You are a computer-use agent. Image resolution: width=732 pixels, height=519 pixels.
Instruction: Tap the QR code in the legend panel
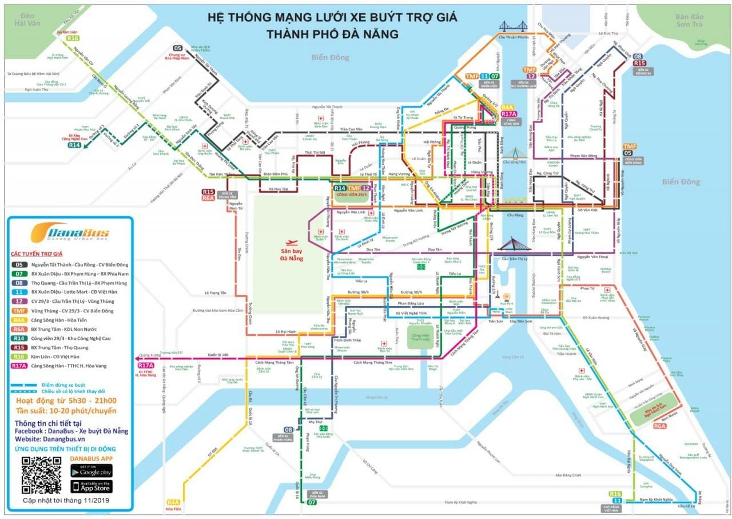[41, 476]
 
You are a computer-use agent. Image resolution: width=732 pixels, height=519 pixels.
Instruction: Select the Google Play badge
[91, 470]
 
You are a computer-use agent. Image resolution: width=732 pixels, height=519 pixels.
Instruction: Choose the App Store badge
[91, 486]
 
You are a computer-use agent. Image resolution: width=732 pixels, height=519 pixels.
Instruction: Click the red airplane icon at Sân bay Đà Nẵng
[292, 243]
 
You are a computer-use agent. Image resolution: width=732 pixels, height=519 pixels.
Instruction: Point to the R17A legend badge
[19, 366]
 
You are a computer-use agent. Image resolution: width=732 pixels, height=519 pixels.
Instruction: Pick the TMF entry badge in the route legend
[19, 311]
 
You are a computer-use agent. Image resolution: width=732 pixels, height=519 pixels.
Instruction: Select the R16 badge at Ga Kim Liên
[73, 38]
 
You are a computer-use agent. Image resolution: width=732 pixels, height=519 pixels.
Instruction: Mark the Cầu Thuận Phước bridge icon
[514, 26]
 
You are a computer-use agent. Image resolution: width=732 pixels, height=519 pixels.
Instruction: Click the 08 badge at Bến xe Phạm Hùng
[289, 430]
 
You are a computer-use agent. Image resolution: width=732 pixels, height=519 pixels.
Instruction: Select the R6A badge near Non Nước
[661, 426]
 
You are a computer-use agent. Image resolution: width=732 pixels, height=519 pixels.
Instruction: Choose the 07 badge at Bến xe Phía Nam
[312, 502]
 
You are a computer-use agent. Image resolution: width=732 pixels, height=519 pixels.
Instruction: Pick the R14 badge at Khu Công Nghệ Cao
[74, 145]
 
